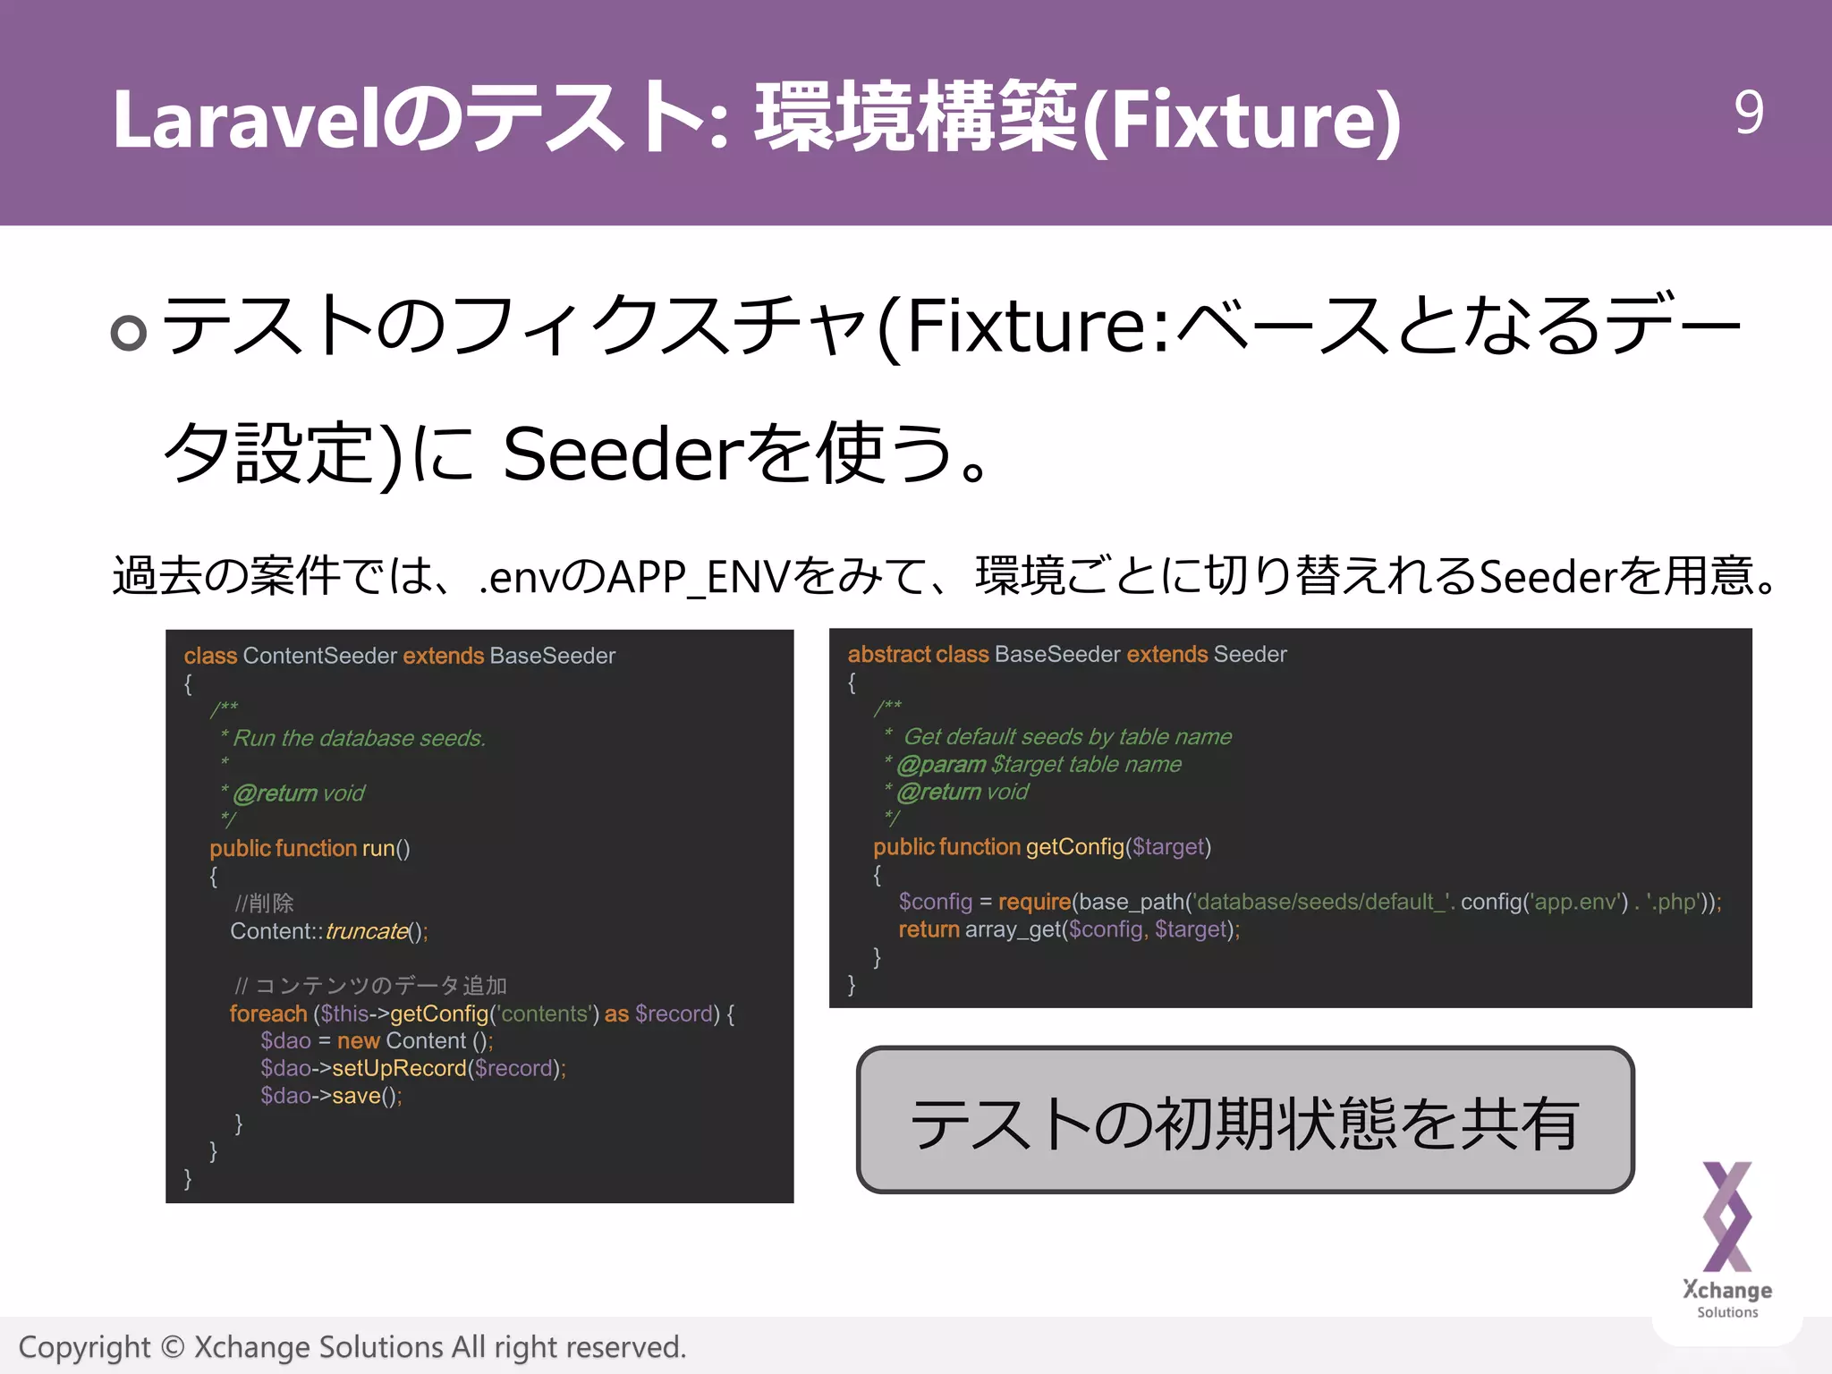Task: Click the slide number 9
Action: point(1748,113)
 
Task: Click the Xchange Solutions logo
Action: point(1726,1238)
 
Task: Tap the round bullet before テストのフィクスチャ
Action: point(128,333)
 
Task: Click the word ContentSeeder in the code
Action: point(319,656)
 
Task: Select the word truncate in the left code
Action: point(366,931)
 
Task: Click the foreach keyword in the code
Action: point(267,1014)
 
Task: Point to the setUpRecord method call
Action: point(399,1068)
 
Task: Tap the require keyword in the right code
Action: point(1034,902)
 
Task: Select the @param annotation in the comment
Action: point(941,765)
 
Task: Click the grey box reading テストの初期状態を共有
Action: point(1244,1120)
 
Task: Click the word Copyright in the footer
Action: point(85,1347)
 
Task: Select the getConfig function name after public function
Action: point(1074,847)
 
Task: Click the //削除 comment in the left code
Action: point(264,903)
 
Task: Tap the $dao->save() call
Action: point(331,1096)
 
